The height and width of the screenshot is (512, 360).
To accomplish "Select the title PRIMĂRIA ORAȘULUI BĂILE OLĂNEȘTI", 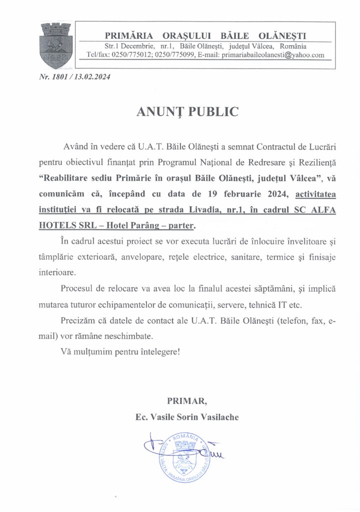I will point(205,35).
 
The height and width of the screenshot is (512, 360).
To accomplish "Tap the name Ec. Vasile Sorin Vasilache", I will point(187,416).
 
